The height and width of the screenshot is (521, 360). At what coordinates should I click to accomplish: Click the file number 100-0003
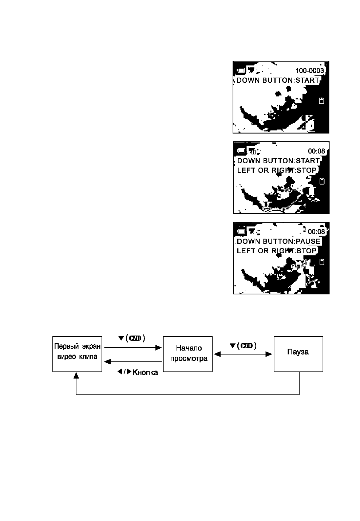point(309,70)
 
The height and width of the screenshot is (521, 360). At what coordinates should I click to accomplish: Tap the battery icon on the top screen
point(241,70)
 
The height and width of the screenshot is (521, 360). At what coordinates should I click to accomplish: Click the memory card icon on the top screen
point(321,101)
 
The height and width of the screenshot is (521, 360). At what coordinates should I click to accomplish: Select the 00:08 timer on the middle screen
point(316,151)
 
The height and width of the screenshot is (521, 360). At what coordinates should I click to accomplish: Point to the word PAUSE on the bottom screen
point(308,241)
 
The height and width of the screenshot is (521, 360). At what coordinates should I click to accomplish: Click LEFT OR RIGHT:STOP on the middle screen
point(277,170)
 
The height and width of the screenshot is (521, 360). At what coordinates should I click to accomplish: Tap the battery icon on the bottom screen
point(241,231)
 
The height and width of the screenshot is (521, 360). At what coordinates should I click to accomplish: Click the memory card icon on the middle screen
point(322,181)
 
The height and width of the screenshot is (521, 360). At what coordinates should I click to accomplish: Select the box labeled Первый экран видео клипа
point(77,354)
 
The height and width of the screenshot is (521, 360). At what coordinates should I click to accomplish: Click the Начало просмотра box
point(187,354)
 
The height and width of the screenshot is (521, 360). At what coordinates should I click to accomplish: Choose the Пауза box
point(298,354)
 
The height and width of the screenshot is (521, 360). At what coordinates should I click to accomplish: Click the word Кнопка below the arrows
point(145,372)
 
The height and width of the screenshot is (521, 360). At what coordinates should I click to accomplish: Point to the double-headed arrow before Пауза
point(243,354)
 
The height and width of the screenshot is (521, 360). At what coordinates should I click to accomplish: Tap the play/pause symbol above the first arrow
point(135,338)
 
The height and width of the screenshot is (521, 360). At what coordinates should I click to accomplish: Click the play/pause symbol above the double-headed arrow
point(247,346)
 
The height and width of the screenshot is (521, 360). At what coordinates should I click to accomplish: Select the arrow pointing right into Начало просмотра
point(133,348)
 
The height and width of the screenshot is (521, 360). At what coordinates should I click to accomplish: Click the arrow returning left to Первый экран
point(133,362)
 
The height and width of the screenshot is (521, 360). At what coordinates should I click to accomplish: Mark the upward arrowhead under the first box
point(76,375)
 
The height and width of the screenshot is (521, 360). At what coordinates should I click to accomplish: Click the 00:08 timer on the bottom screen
point(316,232)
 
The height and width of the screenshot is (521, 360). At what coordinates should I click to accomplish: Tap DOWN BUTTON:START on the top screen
point(278,80)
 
